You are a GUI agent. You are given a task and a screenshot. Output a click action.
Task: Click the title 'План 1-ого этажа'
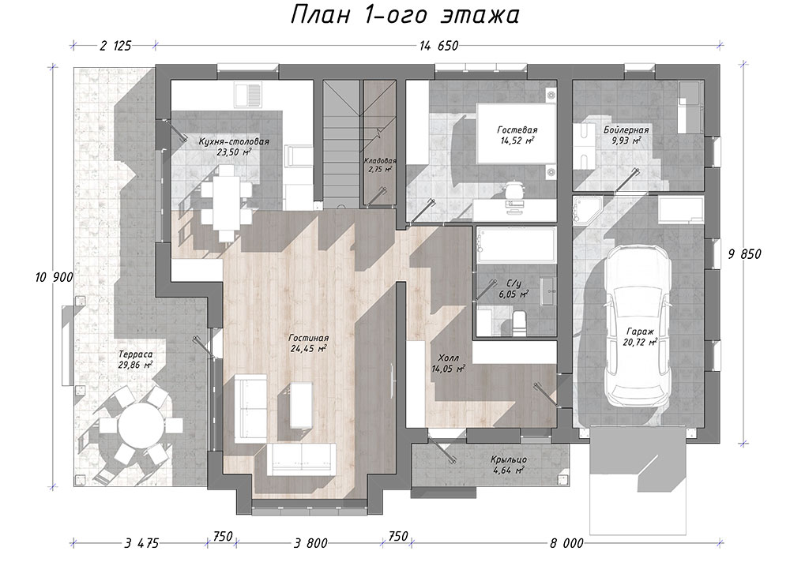click(404, 14)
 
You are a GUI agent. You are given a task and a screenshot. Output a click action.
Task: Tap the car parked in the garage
click(638, 327)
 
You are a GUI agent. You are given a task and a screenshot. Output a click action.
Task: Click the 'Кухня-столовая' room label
click(234, 141)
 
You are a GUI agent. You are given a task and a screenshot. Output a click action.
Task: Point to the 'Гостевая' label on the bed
click(517, 130)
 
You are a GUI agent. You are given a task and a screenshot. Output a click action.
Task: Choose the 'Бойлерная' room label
click(626, 130)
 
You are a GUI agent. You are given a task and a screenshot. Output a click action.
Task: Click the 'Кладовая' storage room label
click(380, 160)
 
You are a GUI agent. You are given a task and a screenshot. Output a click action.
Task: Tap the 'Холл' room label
click(448, 358)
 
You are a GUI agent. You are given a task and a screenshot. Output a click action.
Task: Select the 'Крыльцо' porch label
click(509, 459)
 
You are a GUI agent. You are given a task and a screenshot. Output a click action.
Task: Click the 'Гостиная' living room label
click(308, 338)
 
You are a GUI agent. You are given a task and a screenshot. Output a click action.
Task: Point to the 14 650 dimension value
click(438, 46)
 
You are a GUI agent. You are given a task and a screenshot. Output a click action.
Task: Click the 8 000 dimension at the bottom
click(566, 543)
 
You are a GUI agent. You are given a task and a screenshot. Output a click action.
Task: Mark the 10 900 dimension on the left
click(54, 277)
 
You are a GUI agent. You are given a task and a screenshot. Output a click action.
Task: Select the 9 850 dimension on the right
click(744, 254)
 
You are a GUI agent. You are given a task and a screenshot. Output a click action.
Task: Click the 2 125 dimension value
click(115, 46)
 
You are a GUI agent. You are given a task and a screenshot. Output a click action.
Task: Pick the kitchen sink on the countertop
click(248, 96)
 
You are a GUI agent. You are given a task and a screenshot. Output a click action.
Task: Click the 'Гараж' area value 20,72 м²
click(640, 343)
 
